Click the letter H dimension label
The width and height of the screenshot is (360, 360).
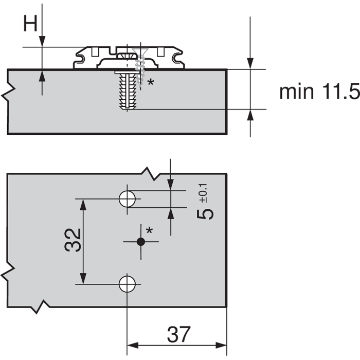point(30,24)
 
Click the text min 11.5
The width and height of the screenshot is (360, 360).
point(319,92)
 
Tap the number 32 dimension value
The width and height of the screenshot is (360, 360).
point(73,240)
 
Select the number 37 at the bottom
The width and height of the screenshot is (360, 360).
point(179,334)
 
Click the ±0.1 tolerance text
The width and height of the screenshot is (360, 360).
point(203,193)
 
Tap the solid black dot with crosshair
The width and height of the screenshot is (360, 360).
point(141,242)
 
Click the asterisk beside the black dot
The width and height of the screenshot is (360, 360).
point(150,230)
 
